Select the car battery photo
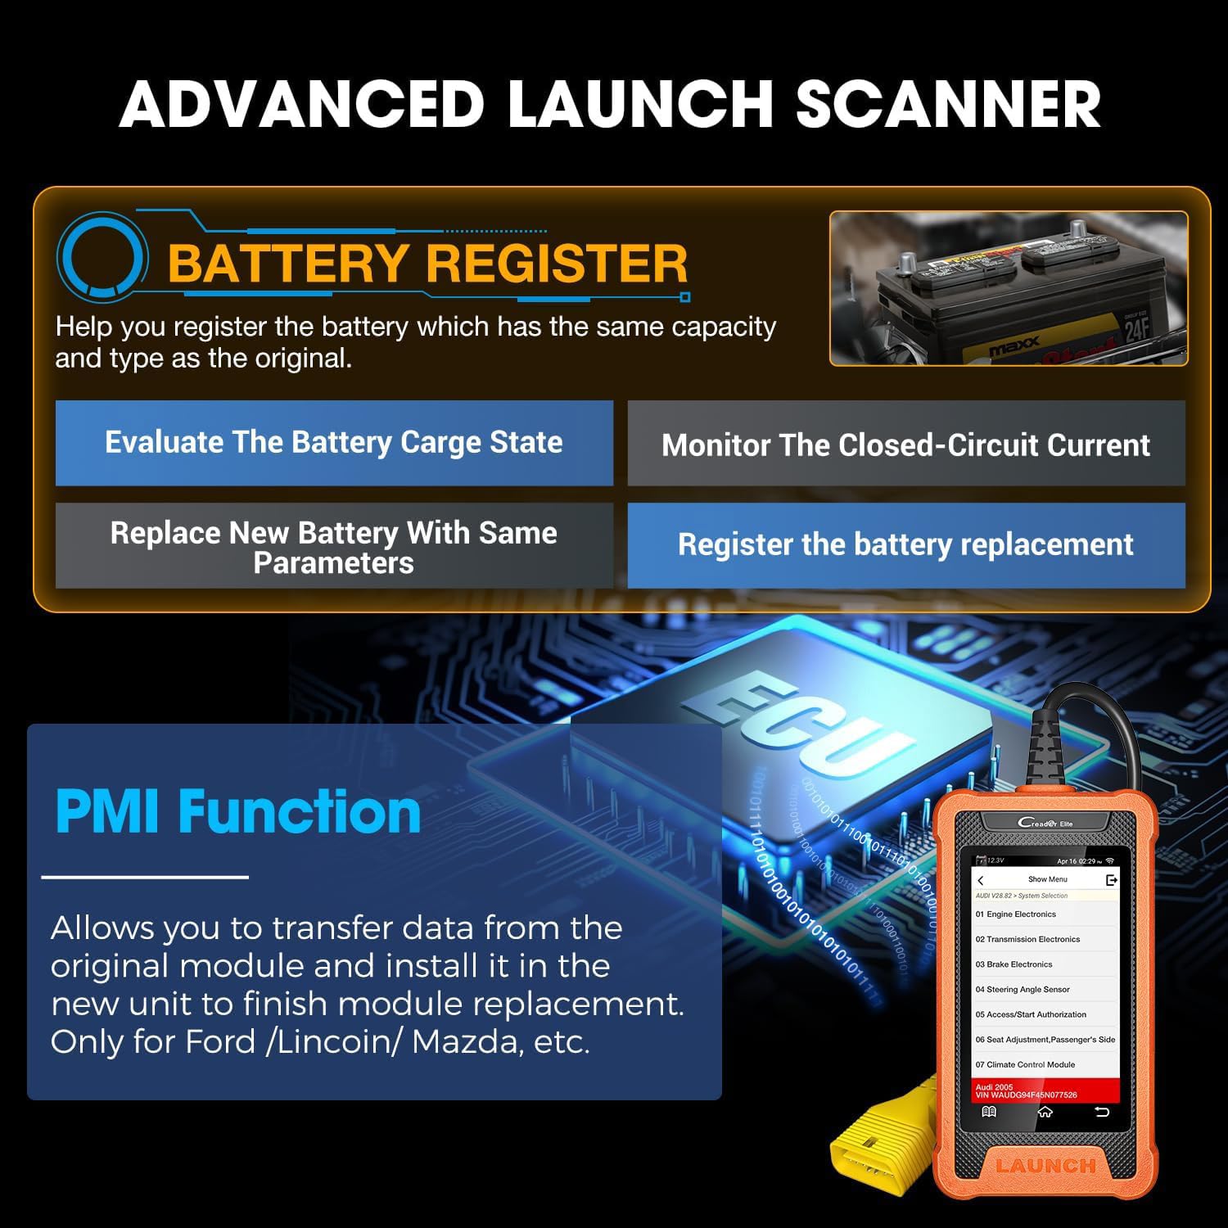pos(1008,288)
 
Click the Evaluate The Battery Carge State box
pos(334,443)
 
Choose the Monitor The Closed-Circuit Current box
pos(905,445)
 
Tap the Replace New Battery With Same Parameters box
pos(334,546)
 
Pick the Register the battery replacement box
pos(905,545)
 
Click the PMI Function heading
pos(237,811)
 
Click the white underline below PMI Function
pos(145,877)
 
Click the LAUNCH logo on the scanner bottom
pos(1045,1165)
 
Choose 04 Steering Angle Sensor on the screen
pos(1023,990)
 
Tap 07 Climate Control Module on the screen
pos(1025,1065)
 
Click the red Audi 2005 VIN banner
pos(1045,1090)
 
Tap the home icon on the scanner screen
pos(1045,1113)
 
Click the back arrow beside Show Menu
pos(981,880)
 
